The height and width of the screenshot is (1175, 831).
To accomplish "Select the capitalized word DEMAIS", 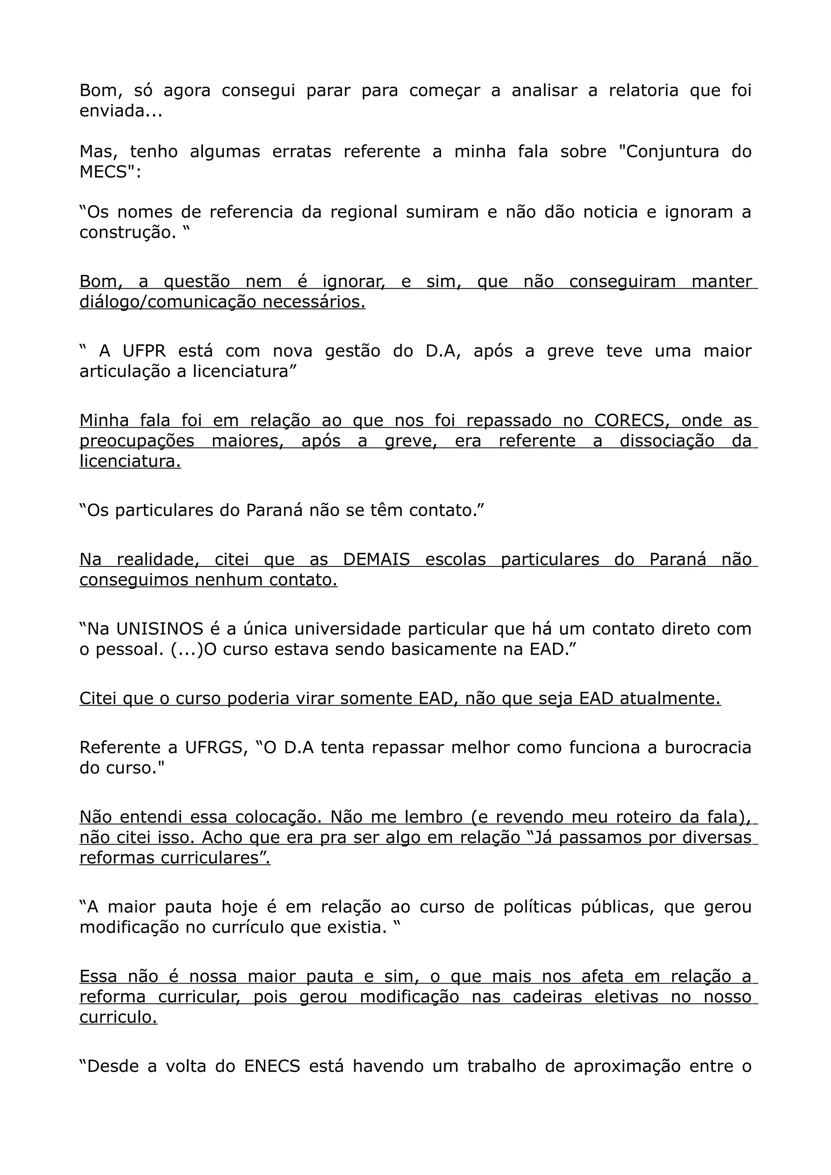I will [x=376, y=560].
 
